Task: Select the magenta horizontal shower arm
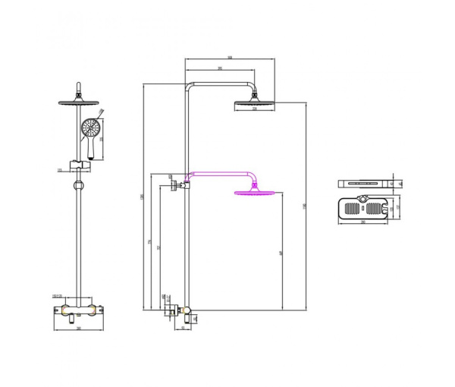pyautogui.click(x=220, y=173)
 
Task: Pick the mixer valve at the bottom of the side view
pyautogui.click(x=180, y=310)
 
